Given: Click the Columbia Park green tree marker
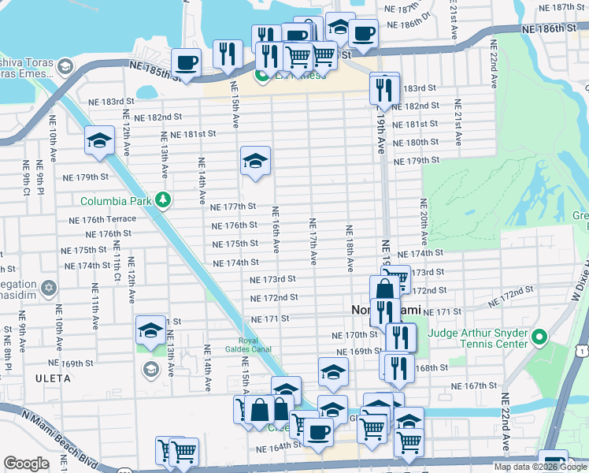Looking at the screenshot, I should (x=163, y=200).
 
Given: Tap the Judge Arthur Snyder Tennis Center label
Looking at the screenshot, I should (x=477, y=338).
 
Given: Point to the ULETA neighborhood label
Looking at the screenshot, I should (x=53, y=378).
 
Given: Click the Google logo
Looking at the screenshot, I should (x=26, y=464).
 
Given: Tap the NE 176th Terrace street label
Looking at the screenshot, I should (x=102, y=220).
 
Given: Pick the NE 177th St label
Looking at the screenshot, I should (x=234, y=207).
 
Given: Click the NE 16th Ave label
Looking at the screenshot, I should (x=276, y=229).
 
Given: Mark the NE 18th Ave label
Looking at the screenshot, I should (x=348, y=248).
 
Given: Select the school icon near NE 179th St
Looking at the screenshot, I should (x=255, y=162).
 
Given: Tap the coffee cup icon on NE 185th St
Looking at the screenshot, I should (x=186, y=61).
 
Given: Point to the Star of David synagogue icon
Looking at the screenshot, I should (x=50, y=285).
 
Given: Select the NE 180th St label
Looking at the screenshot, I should (x=417, y=142).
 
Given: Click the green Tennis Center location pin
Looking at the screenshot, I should (x=539, y=338).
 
